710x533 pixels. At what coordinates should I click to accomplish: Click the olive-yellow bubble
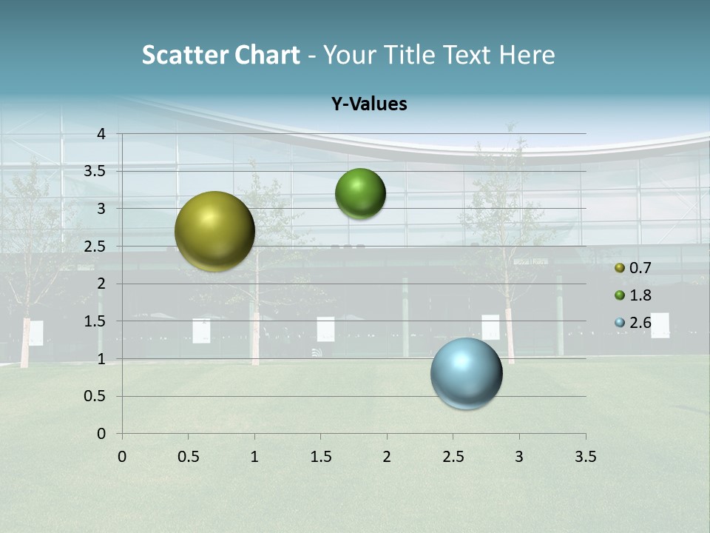tap(214, 231)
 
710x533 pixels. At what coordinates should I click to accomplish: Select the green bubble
tap(360, 193)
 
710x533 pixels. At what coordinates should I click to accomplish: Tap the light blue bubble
tap(466, 373)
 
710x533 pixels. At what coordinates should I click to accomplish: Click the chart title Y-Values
tap(368, 104)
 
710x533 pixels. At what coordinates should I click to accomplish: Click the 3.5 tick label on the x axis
tap(585, 457)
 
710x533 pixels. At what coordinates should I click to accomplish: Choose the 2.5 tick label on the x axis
tap(453, 457)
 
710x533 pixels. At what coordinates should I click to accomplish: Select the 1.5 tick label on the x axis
tap(320, 457)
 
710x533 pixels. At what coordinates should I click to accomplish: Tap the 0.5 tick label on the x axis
tap(188, 457)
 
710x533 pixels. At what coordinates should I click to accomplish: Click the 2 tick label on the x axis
tap(387, 457)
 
